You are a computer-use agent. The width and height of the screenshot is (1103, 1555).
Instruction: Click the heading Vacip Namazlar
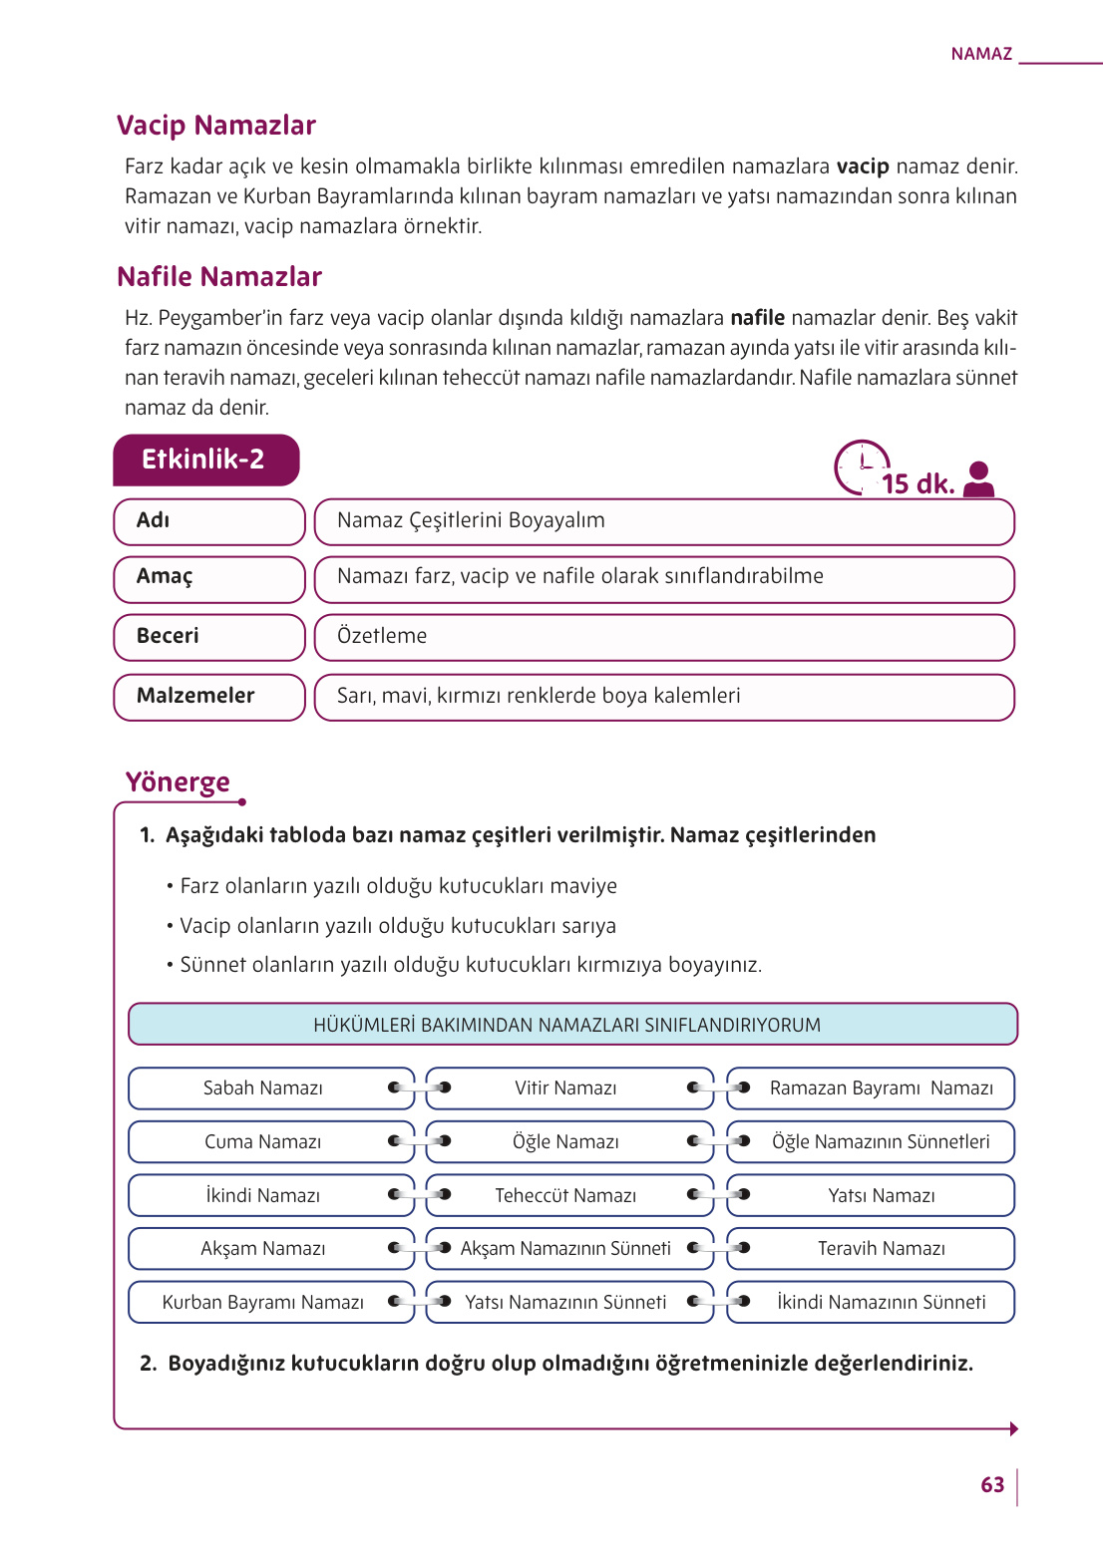point(215,126)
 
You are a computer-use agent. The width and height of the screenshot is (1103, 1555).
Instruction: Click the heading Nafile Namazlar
point(219,277)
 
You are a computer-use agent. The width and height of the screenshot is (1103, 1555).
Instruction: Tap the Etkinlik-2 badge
point(205,460)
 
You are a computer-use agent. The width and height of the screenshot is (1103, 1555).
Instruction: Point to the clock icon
point(860,466)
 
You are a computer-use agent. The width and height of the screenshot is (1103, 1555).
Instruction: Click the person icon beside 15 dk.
point(979,478)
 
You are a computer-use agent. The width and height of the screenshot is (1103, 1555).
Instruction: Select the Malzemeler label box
point(208,697)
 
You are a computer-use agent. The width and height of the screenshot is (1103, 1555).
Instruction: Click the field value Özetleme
point(382,637)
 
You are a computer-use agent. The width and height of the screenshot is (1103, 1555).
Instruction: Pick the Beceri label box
point(208,637)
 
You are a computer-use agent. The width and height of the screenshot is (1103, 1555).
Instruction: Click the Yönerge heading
point(178,782)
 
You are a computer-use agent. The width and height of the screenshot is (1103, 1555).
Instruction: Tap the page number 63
point(992,1485)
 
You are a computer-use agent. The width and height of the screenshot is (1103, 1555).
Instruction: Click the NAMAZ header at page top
point(981,54)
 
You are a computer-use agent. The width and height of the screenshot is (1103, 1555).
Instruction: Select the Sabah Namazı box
point(263,1088)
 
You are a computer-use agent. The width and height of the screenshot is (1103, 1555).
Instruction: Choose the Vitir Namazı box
point(565,1088)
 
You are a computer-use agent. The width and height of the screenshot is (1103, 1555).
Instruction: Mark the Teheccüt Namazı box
point(565,1196)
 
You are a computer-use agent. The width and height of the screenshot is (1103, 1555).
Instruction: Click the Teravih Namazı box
point(882,1249)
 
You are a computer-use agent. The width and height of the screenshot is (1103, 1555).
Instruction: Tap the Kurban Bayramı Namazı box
point(263,1303)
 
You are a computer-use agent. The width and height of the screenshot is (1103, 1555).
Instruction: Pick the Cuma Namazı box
point(263,1142)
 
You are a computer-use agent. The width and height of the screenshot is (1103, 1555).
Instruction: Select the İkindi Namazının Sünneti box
point(882,1303)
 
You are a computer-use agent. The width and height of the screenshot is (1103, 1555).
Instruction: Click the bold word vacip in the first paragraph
point(862,166)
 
